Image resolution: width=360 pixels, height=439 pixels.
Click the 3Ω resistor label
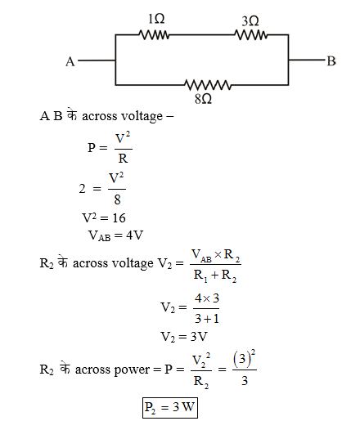[x=251, y=18]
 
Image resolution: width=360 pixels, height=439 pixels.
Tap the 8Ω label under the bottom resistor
[x=204, y=98]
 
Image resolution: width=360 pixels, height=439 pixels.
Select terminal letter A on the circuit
[x=70, y=60]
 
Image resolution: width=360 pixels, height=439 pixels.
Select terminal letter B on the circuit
[x=331, y=60]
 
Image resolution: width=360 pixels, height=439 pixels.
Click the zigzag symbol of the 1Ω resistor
[x=154, y=34]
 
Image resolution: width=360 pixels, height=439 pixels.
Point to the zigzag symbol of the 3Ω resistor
[x=251, y=34]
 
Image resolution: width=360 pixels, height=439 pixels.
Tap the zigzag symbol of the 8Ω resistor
[x=208, y=84]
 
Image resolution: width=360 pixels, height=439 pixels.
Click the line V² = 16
[x=104, y=218]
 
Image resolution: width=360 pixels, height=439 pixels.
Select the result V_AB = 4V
[x=115, y=235]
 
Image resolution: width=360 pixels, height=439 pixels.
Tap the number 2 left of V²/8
[x=83, y=188]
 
